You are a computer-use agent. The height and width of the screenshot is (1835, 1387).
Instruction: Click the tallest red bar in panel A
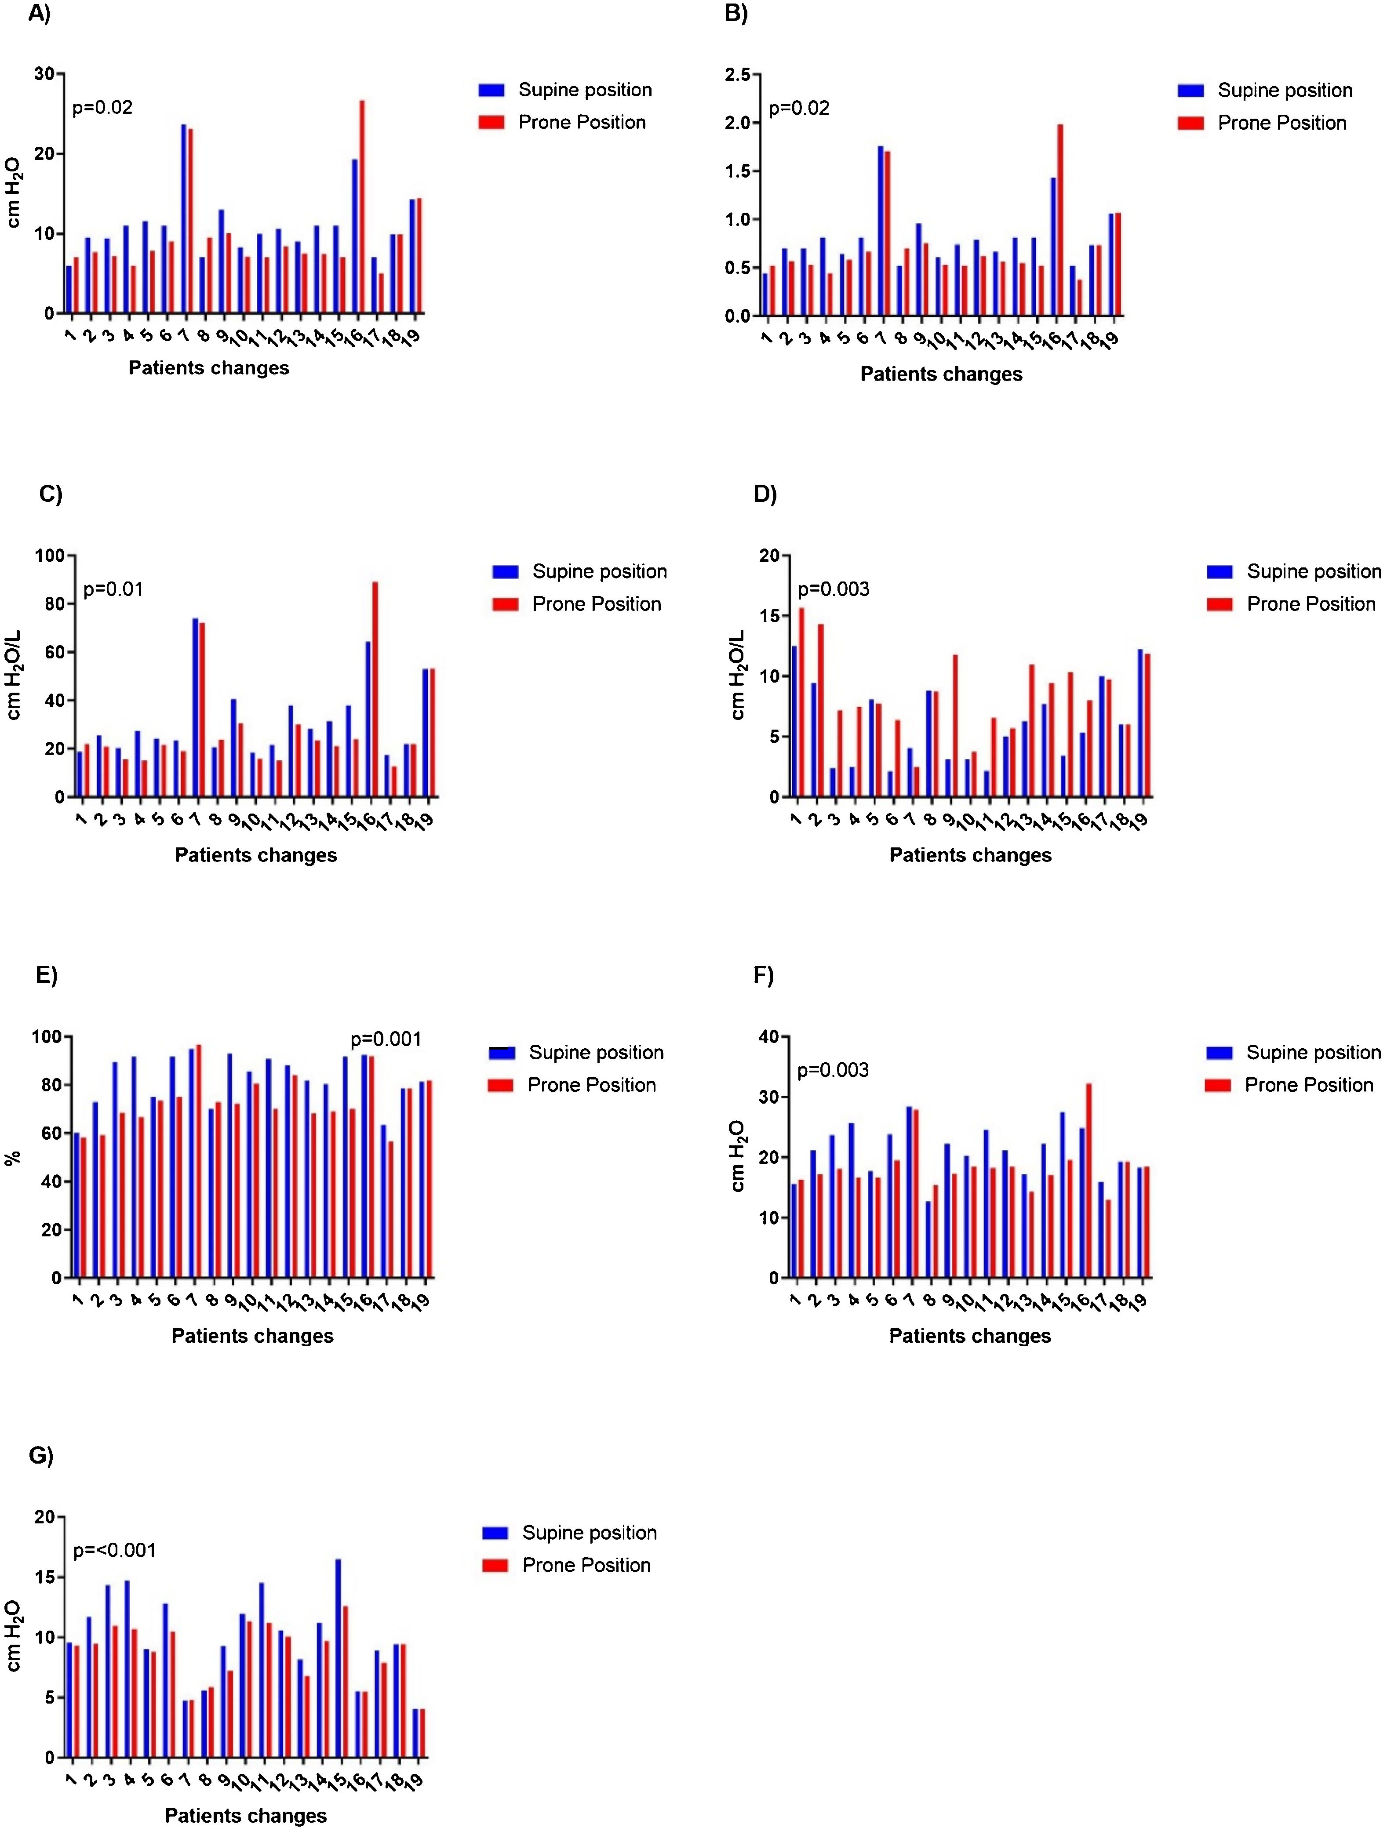tap(362, 207)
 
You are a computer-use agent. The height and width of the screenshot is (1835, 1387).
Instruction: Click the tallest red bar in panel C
tap(375, 689)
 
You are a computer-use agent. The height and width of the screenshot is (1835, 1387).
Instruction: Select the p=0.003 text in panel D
tap(833, 590)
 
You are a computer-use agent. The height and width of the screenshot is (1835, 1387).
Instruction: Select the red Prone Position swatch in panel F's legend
tap(1218, 1085)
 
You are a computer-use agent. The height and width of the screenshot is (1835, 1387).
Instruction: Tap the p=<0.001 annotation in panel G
tap(114, 1551)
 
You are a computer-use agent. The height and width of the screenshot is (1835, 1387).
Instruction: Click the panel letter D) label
tap(764, 494)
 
